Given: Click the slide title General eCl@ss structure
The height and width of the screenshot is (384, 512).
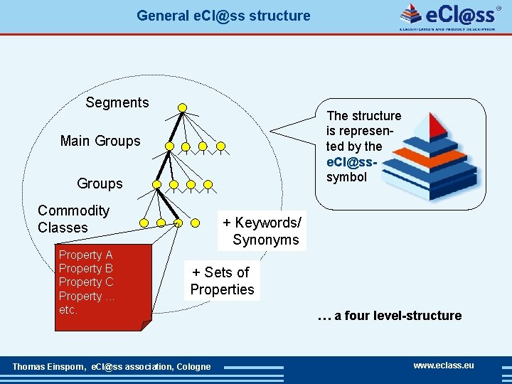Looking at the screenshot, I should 223,15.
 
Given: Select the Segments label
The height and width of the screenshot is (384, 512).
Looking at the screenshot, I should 117,102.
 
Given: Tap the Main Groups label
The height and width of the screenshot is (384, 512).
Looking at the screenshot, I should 100,141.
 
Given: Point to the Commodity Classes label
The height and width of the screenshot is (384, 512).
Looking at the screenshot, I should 73,219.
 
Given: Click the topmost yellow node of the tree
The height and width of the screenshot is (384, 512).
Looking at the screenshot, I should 182,108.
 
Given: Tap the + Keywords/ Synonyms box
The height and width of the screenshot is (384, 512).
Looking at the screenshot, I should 262,231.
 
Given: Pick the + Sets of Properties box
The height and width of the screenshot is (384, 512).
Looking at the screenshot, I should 222,281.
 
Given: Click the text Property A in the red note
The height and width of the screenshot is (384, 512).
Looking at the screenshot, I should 85,255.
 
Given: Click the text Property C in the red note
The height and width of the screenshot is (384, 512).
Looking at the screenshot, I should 85,282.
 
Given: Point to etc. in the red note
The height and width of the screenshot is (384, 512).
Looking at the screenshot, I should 68,310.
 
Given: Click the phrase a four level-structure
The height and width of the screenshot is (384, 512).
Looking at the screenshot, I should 389,316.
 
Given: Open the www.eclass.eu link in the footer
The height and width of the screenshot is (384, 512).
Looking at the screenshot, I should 444,366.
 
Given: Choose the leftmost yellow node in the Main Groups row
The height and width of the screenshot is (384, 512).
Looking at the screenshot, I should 169,146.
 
